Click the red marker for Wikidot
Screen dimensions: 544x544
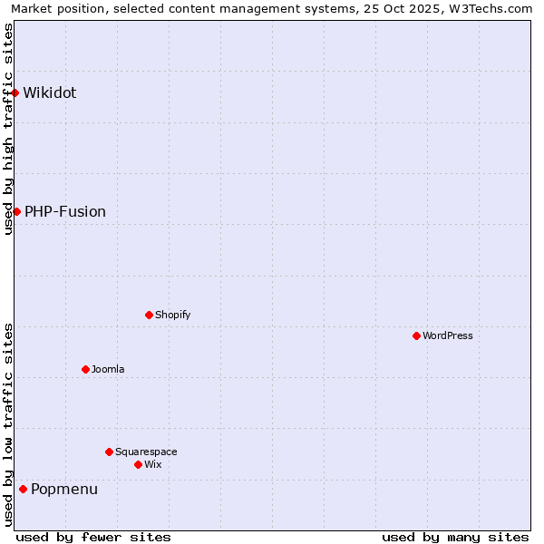click(x=15, y=92)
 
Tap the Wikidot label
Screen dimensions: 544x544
click(x=50, y=92)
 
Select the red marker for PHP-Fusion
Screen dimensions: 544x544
click(x=16, y=211)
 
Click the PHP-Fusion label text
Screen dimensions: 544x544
click(x=65, y=211)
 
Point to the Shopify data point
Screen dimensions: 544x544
click(x=149, y=315)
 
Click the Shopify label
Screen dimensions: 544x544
click(x=172, y=315)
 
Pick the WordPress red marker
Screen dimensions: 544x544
click(x=416, y=335)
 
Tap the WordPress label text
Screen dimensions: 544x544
click(x=448, y=335)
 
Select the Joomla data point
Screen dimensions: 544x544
click(x=85, y=369)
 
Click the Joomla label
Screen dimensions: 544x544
click(x=108, y=369)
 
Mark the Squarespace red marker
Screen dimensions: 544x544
click(x=109, y=452)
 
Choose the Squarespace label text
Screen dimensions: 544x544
click(x=146, y=452)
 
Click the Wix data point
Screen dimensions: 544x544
click(x=138, y=464)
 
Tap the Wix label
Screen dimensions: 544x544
click(x=152, y=464)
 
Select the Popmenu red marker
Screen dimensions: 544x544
click(x=23, y=489)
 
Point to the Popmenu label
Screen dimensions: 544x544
click(x=64, y=490)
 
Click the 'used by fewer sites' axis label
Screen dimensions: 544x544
click(x=93, y=537)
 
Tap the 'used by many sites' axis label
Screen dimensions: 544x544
click(x=455, y=537)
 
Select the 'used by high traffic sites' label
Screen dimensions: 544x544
click(x=9, y=129)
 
